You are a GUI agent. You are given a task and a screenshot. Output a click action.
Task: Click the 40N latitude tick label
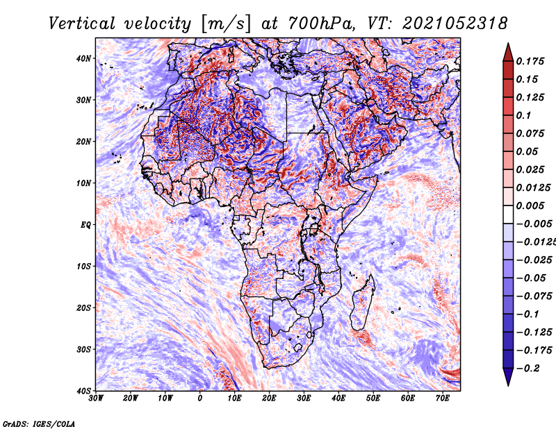click(83, 58)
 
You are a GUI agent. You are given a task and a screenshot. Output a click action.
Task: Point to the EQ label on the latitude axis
click(85, 226)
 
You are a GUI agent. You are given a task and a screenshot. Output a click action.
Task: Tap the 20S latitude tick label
click(83, 308)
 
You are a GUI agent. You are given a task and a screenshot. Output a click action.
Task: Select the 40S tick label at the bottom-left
click(83, 391)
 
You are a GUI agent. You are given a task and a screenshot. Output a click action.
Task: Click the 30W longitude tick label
click(96, 398)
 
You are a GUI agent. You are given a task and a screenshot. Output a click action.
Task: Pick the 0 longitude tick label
click(200, 398)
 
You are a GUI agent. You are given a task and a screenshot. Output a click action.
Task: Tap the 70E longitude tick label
click(442, 398)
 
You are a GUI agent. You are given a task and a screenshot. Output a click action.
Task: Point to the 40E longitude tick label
click(338, 398)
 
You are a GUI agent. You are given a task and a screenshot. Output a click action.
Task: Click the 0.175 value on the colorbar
click(530, 61)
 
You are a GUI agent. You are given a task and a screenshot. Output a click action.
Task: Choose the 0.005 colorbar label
click(530, 205)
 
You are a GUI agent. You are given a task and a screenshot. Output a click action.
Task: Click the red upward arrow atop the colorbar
click(508, 53)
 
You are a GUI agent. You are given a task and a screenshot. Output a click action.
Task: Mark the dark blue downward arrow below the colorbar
click(508, 376)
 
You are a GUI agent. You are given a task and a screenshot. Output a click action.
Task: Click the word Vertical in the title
click(81, 24)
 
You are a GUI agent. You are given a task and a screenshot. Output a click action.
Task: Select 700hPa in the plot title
click(320, 24)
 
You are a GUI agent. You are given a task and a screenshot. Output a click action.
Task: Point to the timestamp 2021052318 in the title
click(455, 24)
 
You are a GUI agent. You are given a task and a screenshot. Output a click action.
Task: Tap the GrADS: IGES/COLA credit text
click(39, 424)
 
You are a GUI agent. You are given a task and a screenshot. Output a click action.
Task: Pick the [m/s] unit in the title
click(226, 24)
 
